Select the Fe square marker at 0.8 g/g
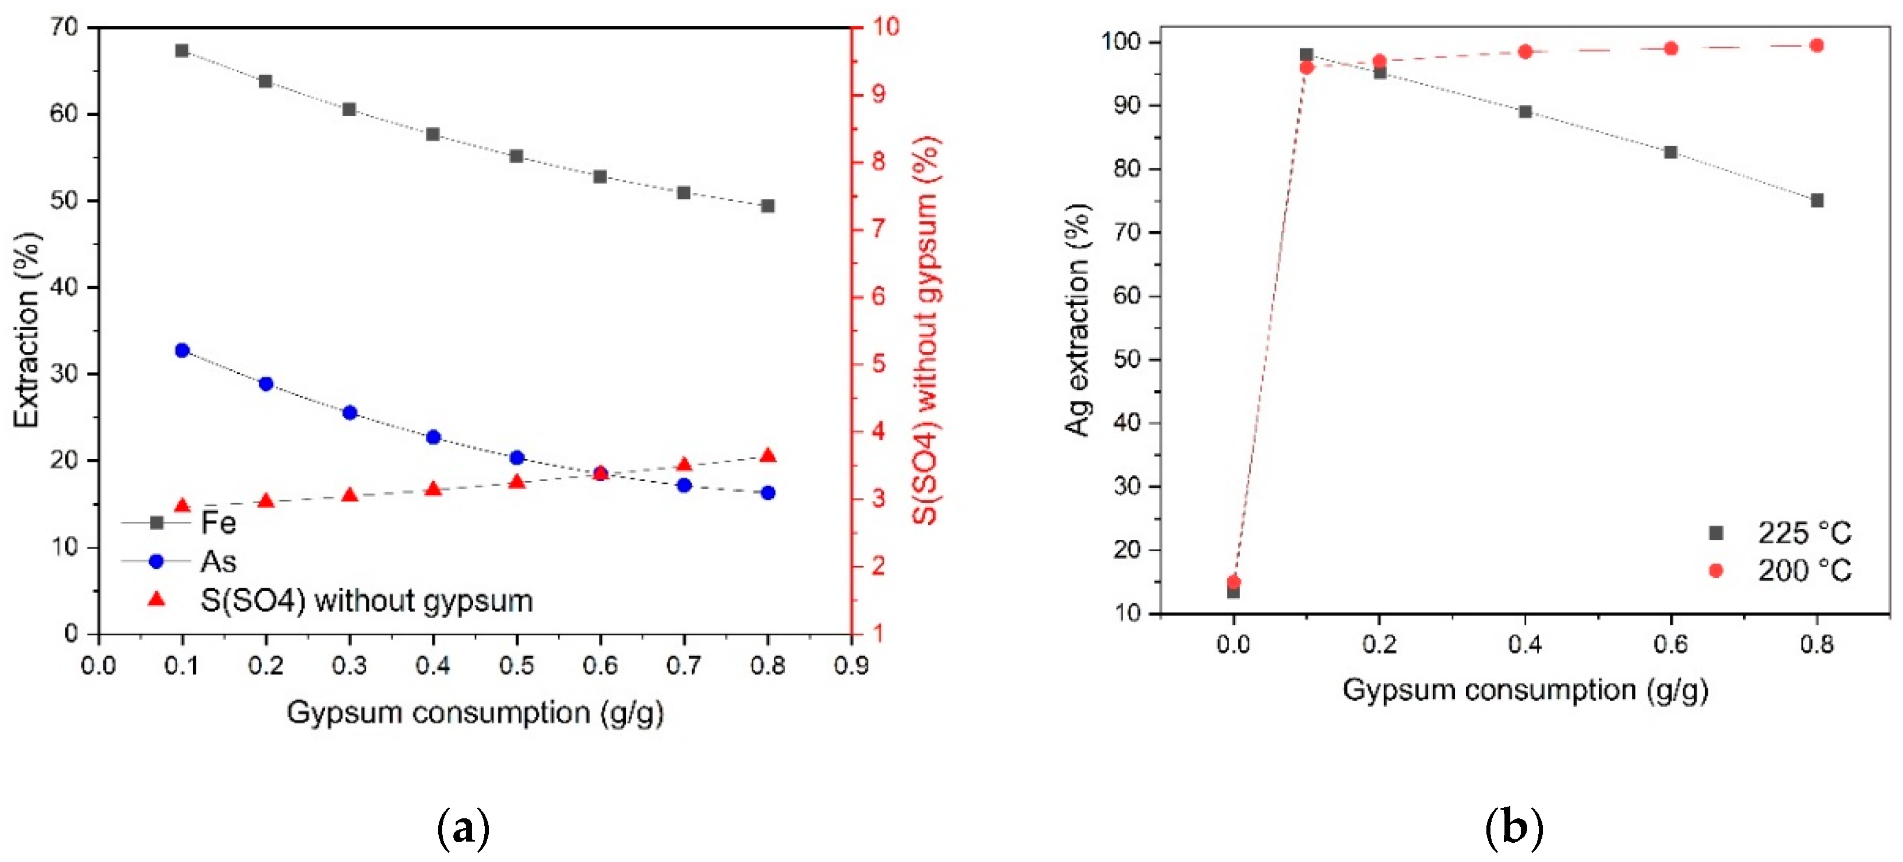coord(767,206)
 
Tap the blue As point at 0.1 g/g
coord(182,350)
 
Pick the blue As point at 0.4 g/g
coord(434,437)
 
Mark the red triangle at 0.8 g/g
coord(767,455)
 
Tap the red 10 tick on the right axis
coord(885,27)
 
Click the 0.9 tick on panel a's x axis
coord(851,666)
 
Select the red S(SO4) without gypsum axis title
coord(925,330)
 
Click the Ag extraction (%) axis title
coord(1078,319)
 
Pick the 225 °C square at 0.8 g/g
coord(1817,200)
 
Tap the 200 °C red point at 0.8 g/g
coord(1817,46)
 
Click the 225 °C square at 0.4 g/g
coord(1525,111)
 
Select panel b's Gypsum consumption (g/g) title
coord(1525,691)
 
